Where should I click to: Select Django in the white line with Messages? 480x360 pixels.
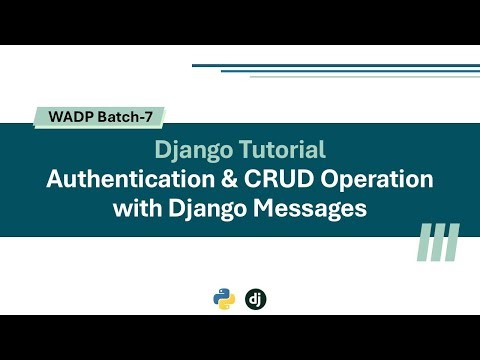tap(198, 211)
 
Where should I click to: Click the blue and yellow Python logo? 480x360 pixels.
tap(224, 298)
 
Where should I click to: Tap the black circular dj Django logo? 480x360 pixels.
tap(256, 298)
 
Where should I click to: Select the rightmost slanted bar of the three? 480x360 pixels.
tap(451, 242)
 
